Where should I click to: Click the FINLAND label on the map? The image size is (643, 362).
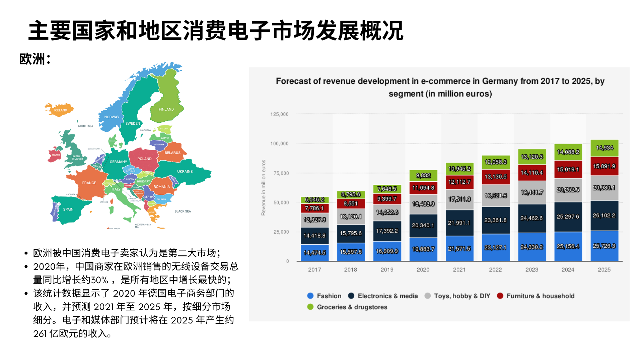166,109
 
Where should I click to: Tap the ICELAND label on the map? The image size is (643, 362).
61,110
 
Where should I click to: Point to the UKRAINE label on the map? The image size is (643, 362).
185,172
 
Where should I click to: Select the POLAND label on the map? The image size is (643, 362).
144,159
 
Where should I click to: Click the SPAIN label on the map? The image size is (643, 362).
68,209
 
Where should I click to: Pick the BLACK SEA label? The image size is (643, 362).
183,212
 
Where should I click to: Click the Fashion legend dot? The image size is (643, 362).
310,296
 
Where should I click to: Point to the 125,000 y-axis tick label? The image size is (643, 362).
279,114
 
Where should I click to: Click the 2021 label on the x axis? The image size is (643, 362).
459,270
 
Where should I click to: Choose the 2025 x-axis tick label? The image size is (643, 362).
604,270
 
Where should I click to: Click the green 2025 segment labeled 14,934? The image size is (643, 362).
604,148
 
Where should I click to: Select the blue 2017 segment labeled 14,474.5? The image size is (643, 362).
314,252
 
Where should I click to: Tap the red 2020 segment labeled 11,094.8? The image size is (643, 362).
423,188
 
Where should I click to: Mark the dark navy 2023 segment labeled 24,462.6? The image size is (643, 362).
531,218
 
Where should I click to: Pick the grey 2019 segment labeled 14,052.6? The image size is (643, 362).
387,213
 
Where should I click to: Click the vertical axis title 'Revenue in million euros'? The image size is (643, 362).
264,188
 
